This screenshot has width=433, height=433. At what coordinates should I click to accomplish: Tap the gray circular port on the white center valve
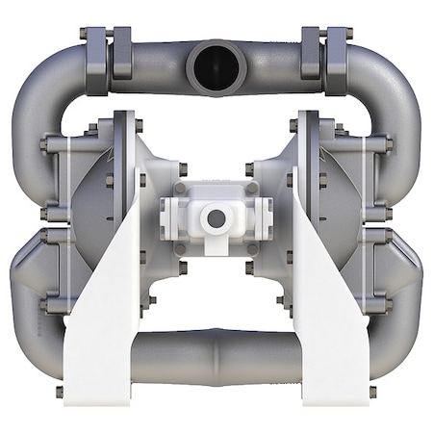pyautogui.click(x=216, y=218)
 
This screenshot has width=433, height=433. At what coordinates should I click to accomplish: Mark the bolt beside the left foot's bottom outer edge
pyautogui.click(x=60, y=392)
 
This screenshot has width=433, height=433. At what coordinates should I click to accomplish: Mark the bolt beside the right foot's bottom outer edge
pyautogui.click(x=373, y=392)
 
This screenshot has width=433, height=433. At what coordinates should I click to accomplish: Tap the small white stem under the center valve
pyautogui.click(x=216, y=252)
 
